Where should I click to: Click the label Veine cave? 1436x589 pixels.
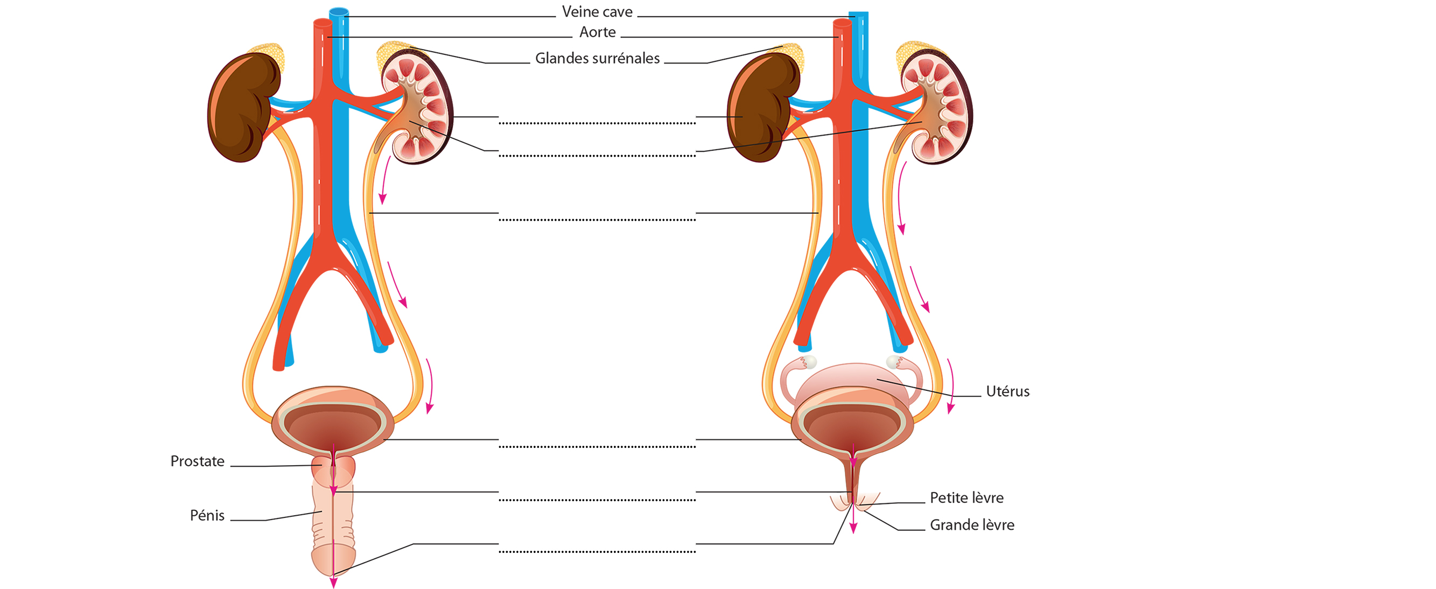(597, 12)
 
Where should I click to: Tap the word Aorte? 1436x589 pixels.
(597, 32)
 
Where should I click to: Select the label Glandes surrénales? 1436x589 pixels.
(597, 59)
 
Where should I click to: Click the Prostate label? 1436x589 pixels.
(198, 461)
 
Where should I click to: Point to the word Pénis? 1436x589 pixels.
(207, 515)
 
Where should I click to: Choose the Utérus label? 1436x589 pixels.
(1007, 391)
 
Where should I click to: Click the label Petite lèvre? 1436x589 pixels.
(966, 497)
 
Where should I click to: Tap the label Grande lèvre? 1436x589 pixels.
(972, 525)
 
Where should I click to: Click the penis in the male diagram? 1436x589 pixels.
(332, 529)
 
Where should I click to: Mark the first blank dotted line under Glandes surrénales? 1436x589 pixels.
(597, 123)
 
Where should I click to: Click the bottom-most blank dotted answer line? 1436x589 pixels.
(597, 552)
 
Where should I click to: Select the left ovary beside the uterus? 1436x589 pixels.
(808, 362)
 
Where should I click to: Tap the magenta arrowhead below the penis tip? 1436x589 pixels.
(333, 583)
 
